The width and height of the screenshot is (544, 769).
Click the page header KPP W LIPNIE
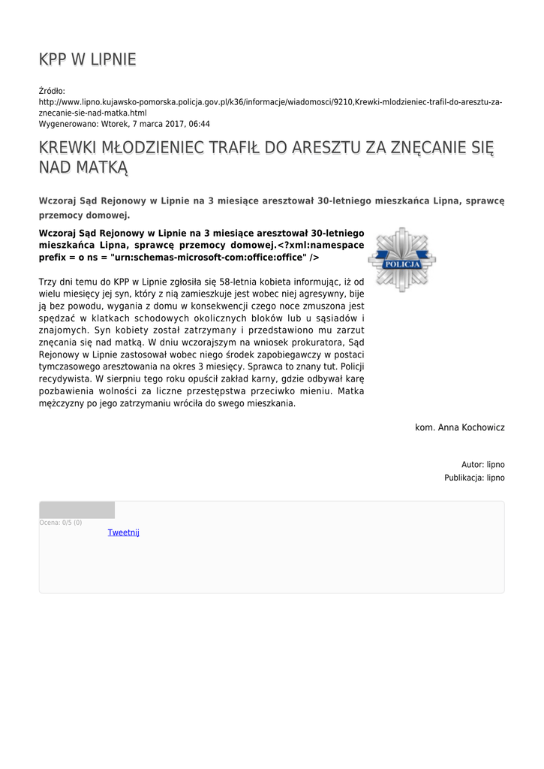tap(87, 59)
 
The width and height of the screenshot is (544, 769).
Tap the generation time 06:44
tap(200, 124)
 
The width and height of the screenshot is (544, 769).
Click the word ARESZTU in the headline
tap(330, 147)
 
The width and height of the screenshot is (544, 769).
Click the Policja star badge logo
tap(402, 259)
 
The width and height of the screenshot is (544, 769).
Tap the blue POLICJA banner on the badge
tap(402, 264)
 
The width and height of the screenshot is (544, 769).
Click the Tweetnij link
tap(124, 532)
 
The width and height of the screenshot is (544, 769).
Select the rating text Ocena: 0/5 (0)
tap(61, 523)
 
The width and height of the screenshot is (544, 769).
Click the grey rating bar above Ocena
tap(77, 510)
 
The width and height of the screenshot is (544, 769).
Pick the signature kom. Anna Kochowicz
tap(459, 427)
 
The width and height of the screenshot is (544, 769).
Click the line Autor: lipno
tap(482, 465)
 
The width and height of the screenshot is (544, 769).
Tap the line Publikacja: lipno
tap(474, 478)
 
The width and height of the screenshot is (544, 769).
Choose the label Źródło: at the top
tap(52, 91)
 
